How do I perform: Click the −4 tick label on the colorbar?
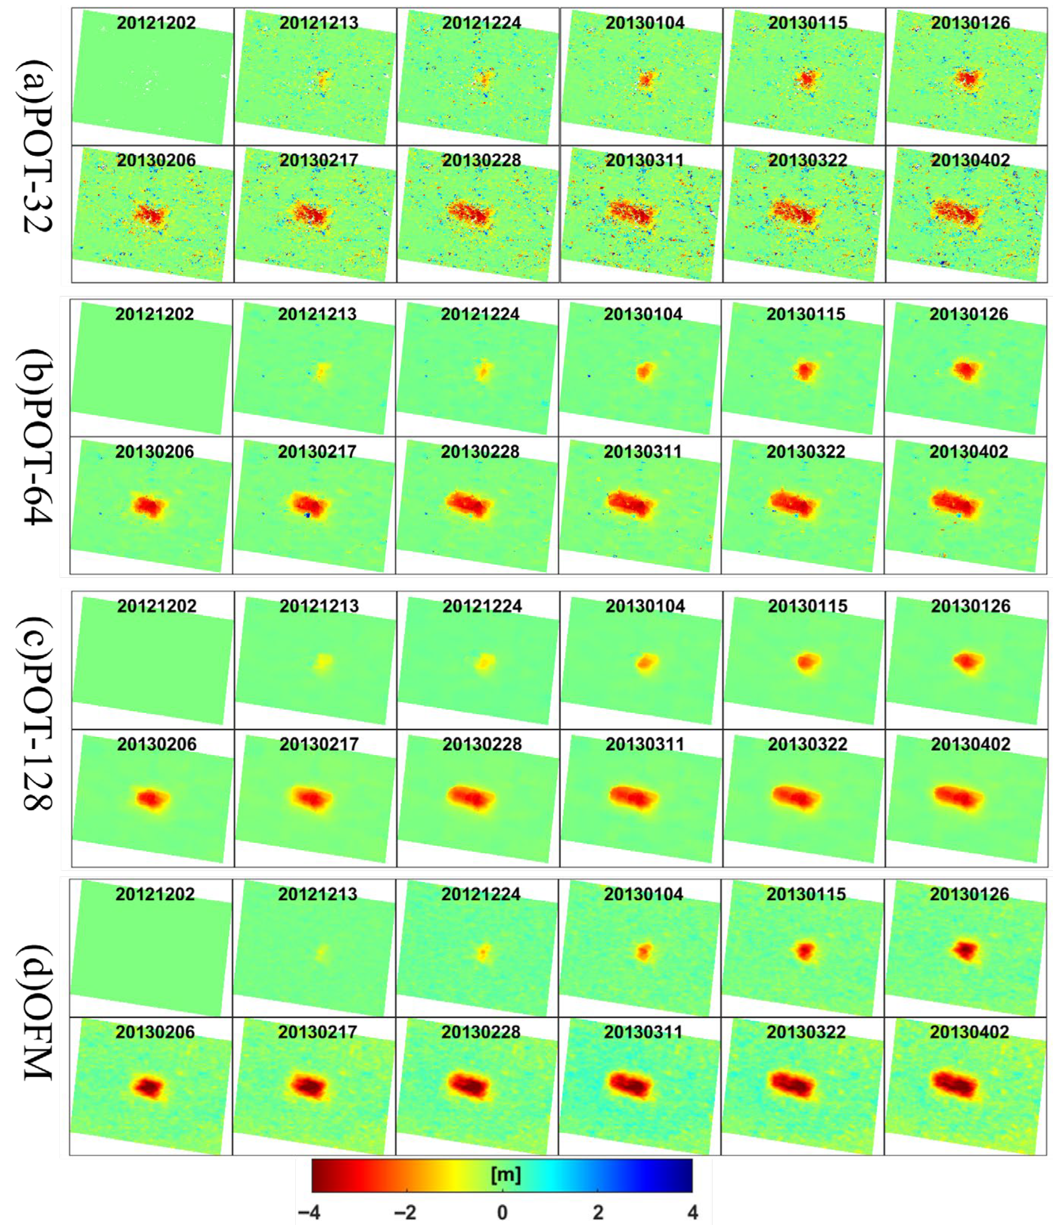click(309, 1212)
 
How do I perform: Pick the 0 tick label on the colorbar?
click(502, 1212)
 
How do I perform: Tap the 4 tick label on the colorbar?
click(692, 1212)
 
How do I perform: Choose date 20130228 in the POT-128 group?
click(482, 744)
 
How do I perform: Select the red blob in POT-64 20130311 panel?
click(630, 504)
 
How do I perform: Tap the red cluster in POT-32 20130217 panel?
click(312, 214)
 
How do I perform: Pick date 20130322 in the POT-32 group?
click(808, 160)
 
